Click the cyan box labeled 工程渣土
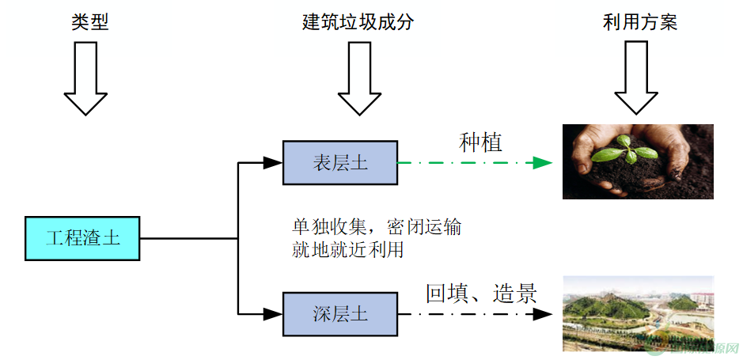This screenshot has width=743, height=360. point(82,237)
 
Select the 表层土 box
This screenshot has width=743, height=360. point(339,163)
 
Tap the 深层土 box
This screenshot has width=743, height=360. point(339,313)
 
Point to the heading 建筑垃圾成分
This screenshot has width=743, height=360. point(358,22)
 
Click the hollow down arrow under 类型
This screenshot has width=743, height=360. point(85,79)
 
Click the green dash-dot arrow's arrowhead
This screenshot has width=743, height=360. point(542,163)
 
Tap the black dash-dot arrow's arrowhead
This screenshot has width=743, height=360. point(542,313)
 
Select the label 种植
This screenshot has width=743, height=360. point(481,142)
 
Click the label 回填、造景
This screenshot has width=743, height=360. point(481,294)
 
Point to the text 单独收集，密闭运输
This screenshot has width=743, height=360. point(377,228)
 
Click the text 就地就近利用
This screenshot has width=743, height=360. point(348,251)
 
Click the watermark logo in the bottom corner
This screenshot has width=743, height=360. point(696,347)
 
